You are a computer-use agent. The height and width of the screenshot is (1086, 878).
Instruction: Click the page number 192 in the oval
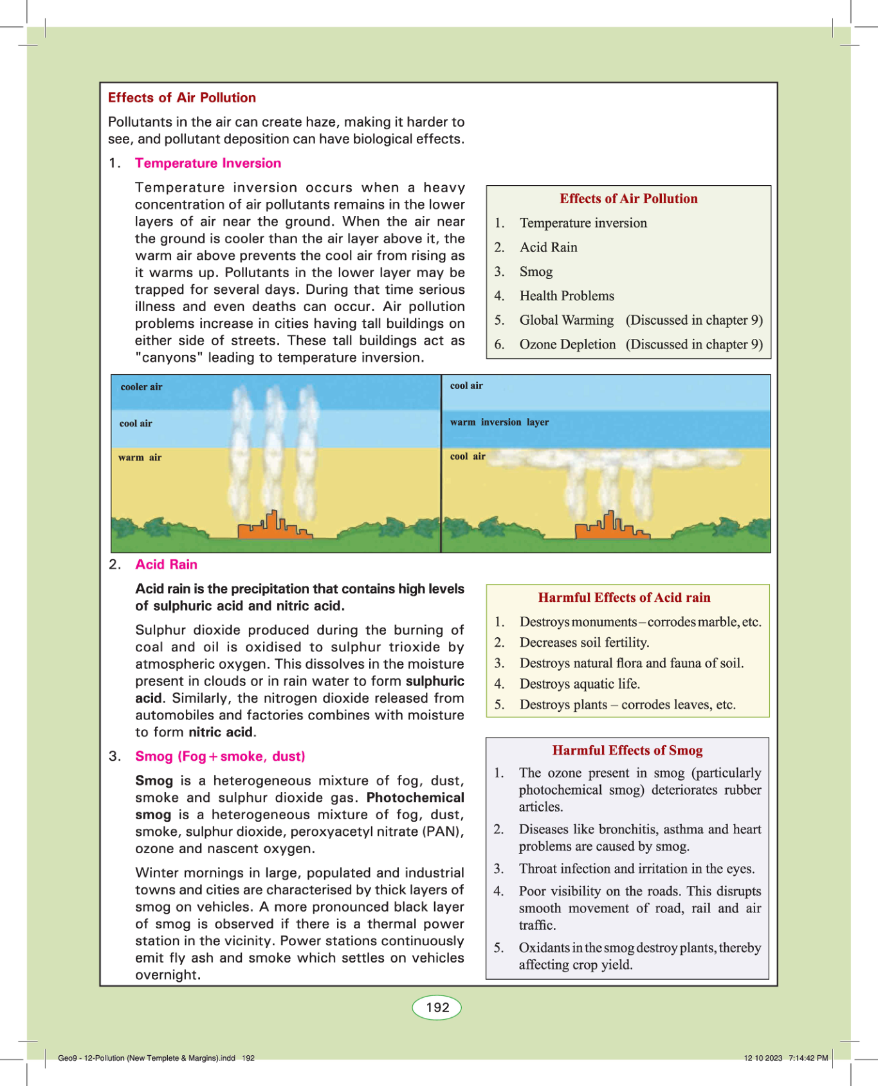coord(437,1008)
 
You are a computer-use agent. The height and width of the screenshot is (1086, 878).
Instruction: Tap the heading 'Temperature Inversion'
coord(208,163)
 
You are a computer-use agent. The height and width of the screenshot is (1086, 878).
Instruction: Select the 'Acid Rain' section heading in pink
coord(166,565)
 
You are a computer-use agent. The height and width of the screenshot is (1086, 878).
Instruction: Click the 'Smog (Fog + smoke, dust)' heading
coord(220,756)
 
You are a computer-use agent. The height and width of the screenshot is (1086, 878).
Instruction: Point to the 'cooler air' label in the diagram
coord(142,387)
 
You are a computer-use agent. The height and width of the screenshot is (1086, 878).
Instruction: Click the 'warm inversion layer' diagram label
coord(499,422)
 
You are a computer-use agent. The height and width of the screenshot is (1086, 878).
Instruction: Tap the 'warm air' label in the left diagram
coord(140,458)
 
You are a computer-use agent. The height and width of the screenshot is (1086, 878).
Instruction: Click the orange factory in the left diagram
coord(273,527)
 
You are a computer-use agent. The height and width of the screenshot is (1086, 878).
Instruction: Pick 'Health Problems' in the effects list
coord(567,296)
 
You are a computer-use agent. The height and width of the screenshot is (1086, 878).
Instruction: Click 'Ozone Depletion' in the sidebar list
coord(567,345)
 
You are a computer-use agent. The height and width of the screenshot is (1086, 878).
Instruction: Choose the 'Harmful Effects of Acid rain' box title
coord(624,597)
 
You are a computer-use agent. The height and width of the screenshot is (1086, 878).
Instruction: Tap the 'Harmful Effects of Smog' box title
coord(627,750)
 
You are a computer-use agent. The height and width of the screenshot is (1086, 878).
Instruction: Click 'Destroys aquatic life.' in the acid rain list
coord(580,684)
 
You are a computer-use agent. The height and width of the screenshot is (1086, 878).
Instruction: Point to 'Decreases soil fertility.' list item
coord(584,642)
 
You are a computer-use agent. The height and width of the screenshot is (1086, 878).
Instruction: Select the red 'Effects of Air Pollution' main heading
coord(182,98)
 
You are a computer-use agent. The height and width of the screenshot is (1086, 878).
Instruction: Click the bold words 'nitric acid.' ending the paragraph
coord(223,732)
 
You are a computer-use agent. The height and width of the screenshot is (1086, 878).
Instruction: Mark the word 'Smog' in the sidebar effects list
coord(536,271)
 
